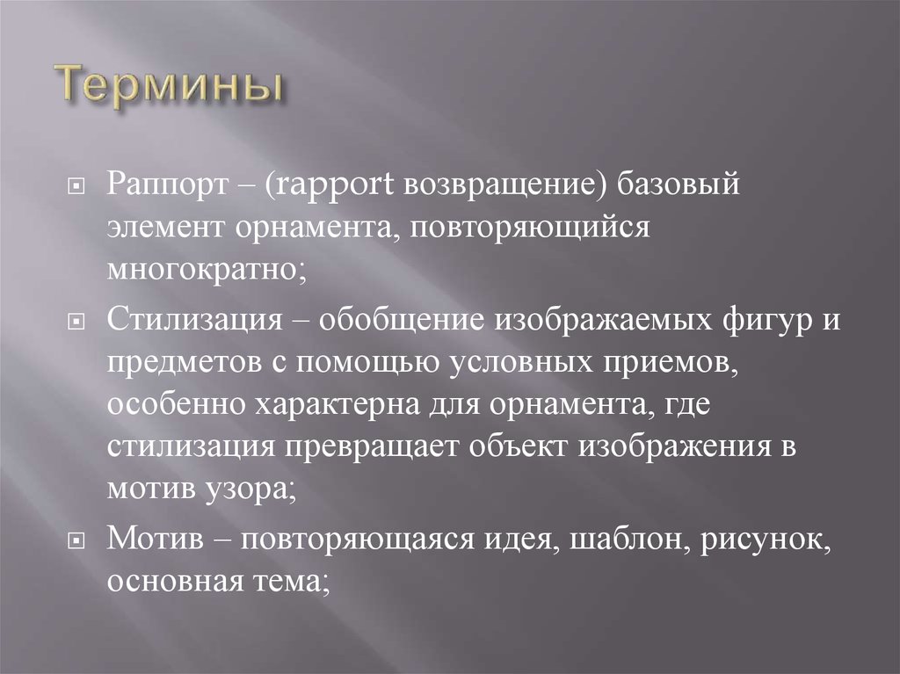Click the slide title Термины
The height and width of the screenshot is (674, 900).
click(x=171, y=89)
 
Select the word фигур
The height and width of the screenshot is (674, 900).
click(x=758, y=322)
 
